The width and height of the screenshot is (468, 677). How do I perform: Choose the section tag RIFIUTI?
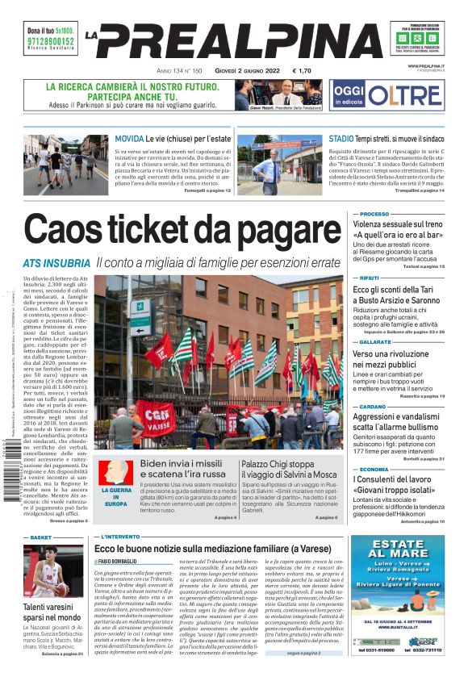point(370,277)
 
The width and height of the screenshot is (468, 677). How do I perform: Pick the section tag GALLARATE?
point(376,341)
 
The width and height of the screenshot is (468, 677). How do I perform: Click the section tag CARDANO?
point(372,406)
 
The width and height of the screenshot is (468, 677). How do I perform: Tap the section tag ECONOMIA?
point(374,469)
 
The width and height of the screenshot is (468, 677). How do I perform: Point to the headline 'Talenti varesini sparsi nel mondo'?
point(52,612)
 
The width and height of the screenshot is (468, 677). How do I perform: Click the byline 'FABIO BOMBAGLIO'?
point(118,562)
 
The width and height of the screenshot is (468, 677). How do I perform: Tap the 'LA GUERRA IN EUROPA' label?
point(115,496)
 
